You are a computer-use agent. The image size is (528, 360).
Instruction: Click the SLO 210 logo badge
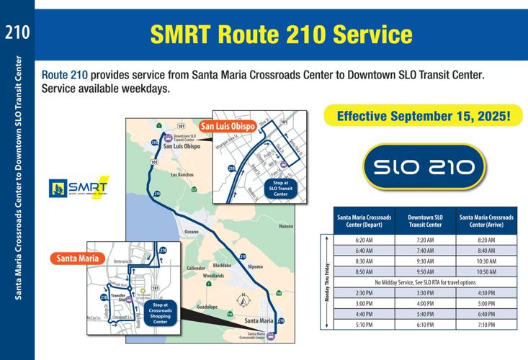tap(424, 168)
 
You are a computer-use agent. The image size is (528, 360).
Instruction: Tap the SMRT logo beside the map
tap(78, 188)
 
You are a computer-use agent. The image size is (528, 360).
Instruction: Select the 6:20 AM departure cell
tap(364, 239)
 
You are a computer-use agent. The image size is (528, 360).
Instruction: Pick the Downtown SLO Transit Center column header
tap(425, 220)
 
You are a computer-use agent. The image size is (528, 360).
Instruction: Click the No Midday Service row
tap(425, 282)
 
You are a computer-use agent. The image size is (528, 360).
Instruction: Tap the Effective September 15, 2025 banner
tap(422, 116)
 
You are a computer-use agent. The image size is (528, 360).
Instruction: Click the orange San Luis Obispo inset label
tap(228, 127)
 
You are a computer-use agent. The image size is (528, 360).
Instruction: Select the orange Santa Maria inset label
tap(77, 258)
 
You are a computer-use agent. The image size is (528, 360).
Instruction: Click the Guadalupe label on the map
tap(207, 307)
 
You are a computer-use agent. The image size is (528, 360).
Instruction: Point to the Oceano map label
tap(190, 232)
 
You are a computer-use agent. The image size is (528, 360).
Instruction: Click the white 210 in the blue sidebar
tap(17, 32)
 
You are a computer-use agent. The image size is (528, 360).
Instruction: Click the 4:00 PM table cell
tap(425, 303)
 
